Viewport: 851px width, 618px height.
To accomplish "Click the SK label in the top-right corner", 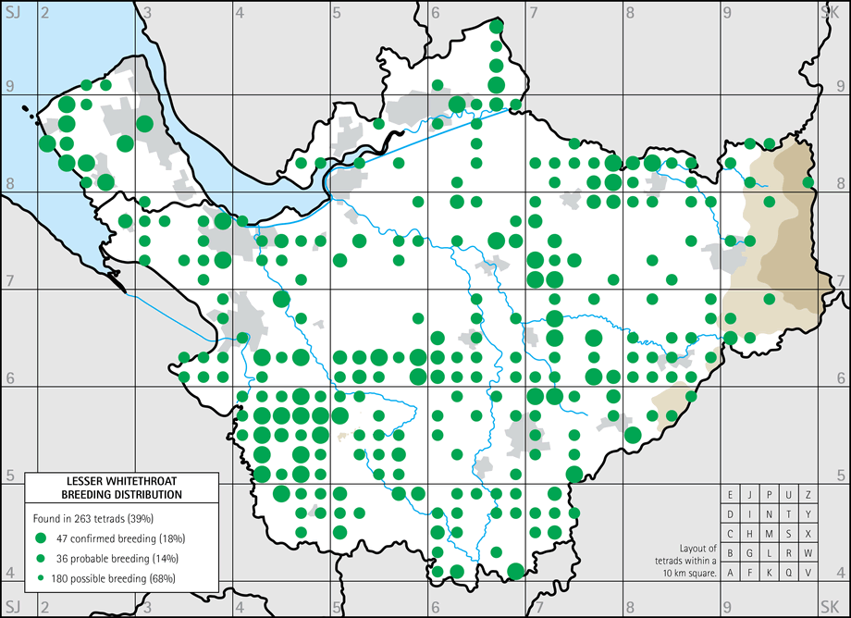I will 829,12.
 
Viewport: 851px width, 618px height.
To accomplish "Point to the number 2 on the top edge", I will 43,12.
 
